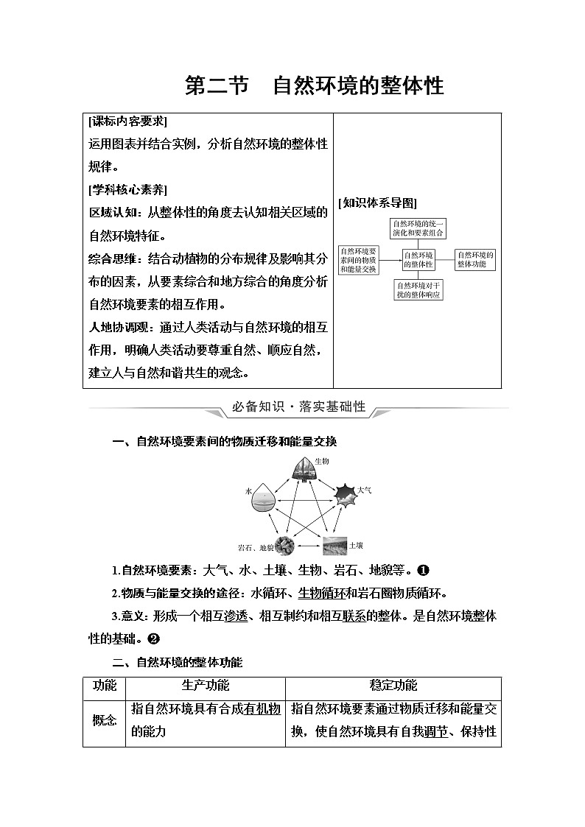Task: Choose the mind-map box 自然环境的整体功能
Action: (475, 258)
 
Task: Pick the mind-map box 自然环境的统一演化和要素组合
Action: (418, 228)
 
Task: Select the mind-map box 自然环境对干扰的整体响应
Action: (418, 289)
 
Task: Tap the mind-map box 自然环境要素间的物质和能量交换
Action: (359, 259)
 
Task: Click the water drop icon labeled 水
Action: (264, 499)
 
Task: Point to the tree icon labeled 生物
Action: (301, 468)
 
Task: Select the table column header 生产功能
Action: (206, 686)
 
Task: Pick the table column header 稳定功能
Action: (393, 686)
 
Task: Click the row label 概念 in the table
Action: (104, 722)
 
